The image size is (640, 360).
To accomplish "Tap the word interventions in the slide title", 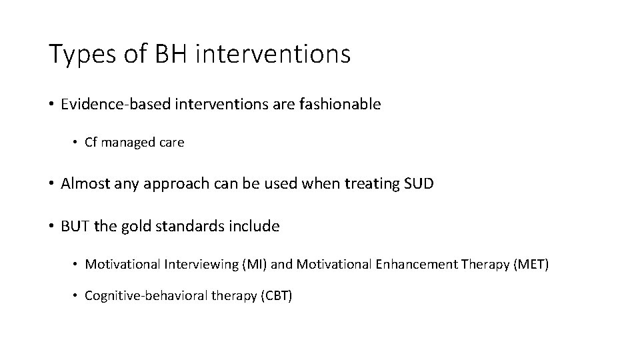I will pos(273,54).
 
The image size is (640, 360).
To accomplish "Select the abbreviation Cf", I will pos(92,143).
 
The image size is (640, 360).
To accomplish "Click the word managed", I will pos(130,143).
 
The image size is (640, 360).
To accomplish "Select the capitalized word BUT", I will pos(75,226).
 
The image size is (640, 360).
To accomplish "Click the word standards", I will pos(181,226).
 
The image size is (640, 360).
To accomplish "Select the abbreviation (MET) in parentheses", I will pos(531,265).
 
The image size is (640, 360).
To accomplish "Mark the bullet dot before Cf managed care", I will pos(77,143).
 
